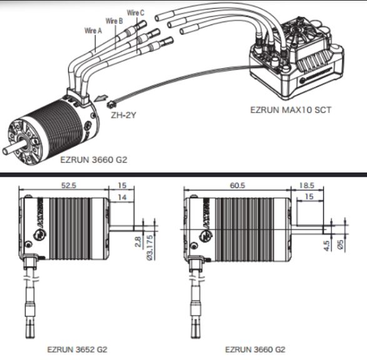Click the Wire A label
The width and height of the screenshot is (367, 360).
(x=93, y=31)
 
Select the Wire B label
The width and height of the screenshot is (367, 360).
(x=114, y=21)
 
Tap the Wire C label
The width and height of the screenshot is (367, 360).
(x=136, y=12)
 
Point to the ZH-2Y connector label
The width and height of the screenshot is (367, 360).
(x=123, y=115)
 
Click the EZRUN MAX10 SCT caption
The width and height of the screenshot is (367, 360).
(x=291, y=110)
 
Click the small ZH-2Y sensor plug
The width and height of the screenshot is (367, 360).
(x=111, y=104)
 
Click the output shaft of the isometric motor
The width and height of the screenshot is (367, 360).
(x=14, y=147)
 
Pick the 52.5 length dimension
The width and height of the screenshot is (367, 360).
(x=69, y=186)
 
